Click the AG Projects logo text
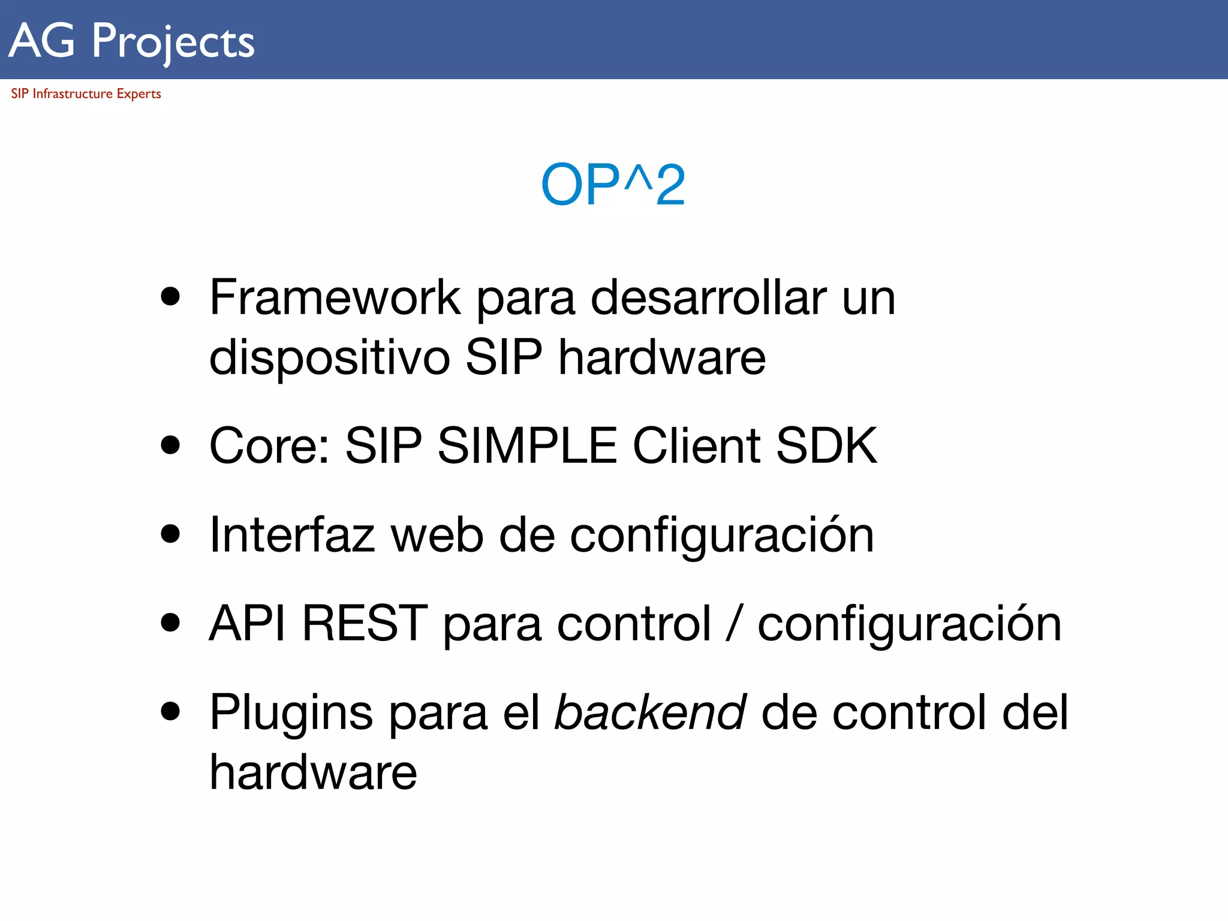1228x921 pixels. click(x=132, y=41)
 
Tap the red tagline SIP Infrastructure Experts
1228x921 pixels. click(x=86, y=94)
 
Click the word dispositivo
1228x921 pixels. click(x=329, y=357)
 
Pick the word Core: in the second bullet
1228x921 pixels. click(x=269, y=446)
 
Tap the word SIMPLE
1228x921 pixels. click(x=527, y=446)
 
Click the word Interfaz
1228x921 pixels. click(x=292, y=534)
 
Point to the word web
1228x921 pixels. click(x=437, y=534)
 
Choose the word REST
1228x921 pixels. click(x=365, y=624)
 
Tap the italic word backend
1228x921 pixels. click(x=650, y=712)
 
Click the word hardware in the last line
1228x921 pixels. click(x=313, y=772)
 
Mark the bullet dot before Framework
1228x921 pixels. click(x=171, y=296)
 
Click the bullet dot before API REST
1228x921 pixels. click(x=171, y=622)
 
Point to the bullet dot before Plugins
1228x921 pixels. click(x=171, y=711)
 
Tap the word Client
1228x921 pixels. click(x=696, y=446)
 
